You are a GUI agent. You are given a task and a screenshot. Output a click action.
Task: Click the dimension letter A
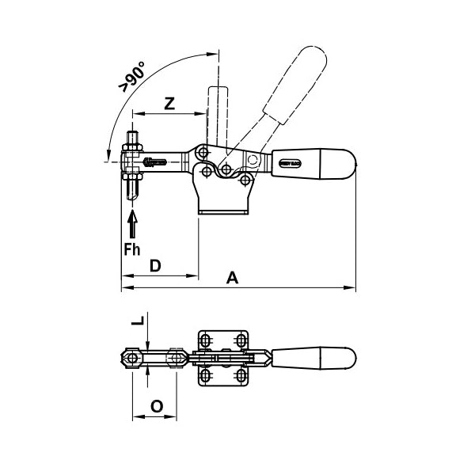(232, 278)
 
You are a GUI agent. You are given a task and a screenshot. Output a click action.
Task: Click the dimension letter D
(157, 265)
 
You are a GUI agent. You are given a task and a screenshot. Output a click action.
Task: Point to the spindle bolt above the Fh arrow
(132, 167)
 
